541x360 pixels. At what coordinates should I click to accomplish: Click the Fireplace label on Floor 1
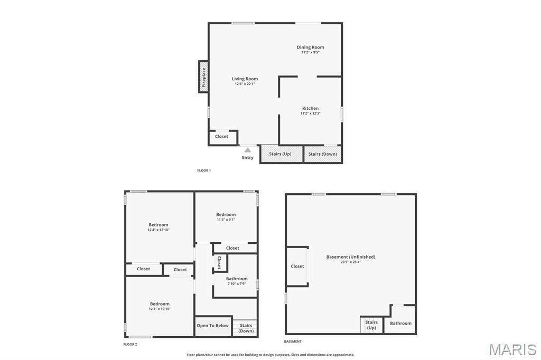point(203,77)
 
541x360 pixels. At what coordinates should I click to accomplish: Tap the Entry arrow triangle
point(248,150)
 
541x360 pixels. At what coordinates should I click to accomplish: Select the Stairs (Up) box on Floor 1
point(281,154)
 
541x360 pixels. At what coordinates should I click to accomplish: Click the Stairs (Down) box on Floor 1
point(323,154)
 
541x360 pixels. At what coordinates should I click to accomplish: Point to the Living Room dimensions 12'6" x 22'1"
point(245,84)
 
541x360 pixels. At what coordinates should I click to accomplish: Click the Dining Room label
point(311,47)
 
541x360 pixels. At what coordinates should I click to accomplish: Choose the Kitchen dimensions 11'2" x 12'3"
point(311,113)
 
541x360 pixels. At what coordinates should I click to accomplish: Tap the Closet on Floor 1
point(223,138)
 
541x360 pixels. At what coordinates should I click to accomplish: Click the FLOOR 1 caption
point(204,170)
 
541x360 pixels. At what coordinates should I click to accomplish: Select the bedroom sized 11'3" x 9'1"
point(226,216)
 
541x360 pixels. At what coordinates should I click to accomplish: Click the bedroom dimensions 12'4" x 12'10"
point(158,230)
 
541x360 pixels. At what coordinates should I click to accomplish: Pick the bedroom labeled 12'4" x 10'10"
point(160,306)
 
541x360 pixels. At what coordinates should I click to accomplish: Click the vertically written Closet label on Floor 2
point(219,262)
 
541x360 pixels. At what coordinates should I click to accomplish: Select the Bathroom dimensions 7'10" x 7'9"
point(237,284)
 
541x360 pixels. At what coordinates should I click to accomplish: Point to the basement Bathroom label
point(400,324)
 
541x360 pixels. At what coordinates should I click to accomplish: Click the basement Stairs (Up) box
point(371,325)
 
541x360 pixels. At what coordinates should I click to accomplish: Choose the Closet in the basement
point(297,266)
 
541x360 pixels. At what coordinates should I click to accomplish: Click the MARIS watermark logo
point(512,349)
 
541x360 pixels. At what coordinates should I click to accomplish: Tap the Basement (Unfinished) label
point(351,257)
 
